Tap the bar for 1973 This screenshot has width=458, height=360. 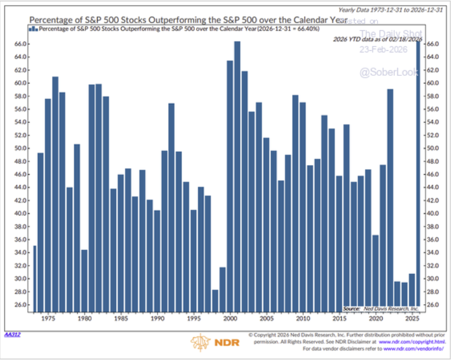[34, 279]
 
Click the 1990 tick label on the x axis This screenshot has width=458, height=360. [157, 319]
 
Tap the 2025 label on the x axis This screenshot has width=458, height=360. [412, 319]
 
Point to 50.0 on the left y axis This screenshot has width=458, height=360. [21, 148]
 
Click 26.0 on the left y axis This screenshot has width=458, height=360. [21, 305]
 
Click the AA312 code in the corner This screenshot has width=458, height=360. [12, 334]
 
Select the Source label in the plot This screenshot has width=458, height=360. [352, 308]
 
